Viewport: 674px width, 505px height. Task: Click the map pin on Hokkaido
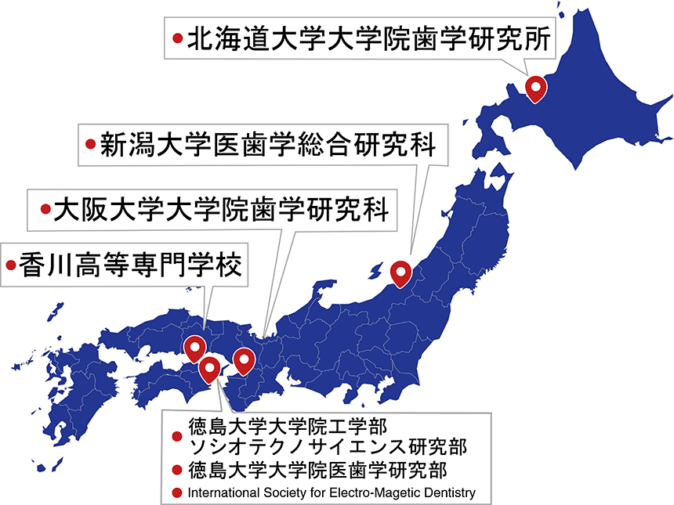[x=535, y=88]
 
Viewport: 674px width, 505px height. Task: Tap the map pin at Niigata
[x=401, y=272]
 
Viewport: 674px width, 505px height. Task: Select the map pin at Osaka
[x=245, y=359]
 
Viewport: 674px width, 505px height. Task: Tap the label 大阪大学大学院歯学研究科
[x=221, y=210]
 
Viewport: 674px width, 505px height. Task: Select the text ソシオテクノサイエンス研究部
[x=328, y=447]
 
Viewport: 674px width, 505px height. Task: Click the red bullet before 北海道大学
[x=176, y=38]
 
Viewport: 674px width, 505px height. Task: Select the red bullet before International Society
[x=176, y=493]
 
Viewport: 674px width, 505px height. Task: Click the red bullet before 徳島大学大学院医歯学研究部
[x=176, y=471]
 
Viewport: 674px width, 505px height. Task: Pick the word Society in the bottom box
[x=287, y=493]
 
